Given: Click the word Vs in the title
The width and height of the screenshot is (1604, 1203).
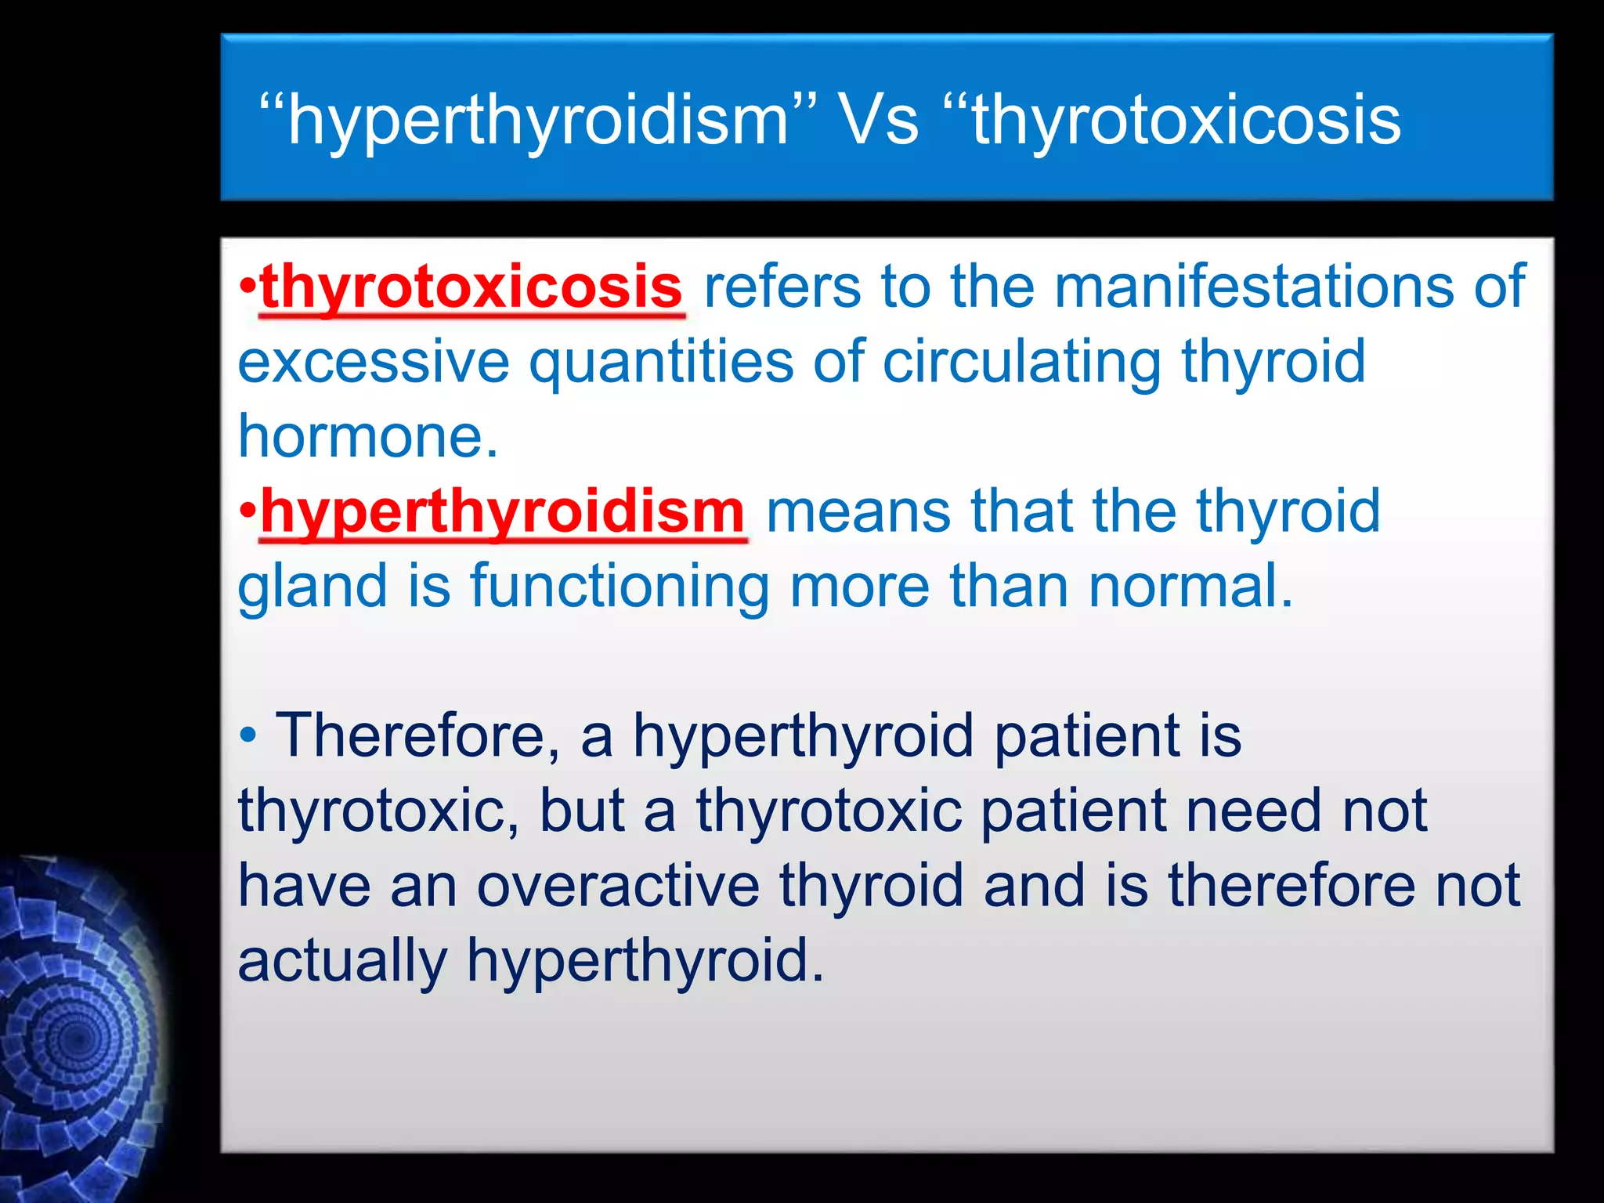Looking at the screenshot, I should (878, 120).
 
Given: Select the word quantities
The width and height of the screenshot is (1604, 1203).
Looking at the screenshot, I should (661, 363).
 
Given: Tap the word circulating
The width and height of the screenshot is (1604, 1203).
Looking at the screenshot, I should (1021, 363).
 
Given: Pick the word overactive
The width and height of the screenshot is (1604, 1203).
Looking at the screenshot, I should (618, 886).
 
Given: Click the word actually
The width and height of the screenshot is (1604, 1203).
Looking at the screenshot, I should (342, 962).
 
